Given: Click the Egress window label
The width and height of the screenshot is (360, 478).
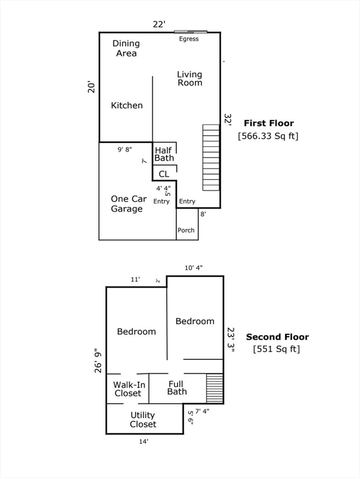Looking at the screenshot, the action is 189,39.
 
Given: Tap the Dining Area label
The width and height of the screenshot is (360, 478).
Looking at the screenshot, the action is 126,48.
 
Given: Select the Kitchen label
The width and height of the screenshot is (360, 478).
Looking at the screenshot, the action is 126,105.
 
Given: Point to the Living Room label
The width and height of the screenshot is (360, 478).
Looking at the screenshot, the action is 190,78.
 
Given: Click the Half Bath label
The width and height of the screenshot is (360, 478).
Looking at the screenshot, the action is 164,154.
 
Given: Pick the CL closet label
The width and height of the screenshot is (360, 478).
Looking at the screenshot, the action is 164,174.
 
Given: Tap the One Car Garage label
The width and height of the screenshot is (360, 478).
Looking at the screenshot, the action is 128,204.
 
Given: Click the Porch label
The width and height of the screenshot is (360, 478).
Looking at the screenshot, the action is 186,230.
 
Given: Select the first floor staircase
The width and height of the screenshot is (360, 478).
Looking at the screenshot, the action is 211,157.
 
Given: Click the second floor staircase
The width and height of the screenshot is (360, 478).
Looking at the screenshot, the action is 215,388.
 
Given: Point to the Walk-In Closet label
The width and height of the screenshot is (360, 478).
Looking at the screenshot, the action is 129,389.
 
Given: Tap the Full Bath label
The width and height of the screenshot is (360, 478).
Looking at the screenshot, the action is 177,388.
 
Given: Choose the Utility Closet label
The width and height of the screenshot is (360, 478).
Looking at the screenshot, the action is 143,419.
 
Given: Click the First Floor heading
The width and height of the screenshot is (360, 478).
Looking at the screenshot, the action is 269,123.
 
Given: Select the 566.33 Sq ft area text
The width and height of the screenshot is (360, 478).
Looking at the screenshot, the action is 268,136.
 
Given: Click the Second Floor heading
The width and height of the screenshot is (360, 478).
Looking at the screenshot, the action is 277,337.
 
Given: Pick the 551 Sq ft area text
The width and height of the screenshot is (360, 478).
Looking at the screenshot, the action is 277,349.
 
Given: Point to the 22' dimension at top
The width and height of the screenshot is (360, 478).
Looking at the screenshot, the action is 159,24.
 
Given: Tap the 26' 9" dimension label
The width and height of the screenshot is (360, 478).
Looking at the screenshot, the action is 98,360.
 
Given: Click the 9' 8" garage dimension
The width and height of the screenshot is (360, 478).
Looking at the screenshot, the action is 125,149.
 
